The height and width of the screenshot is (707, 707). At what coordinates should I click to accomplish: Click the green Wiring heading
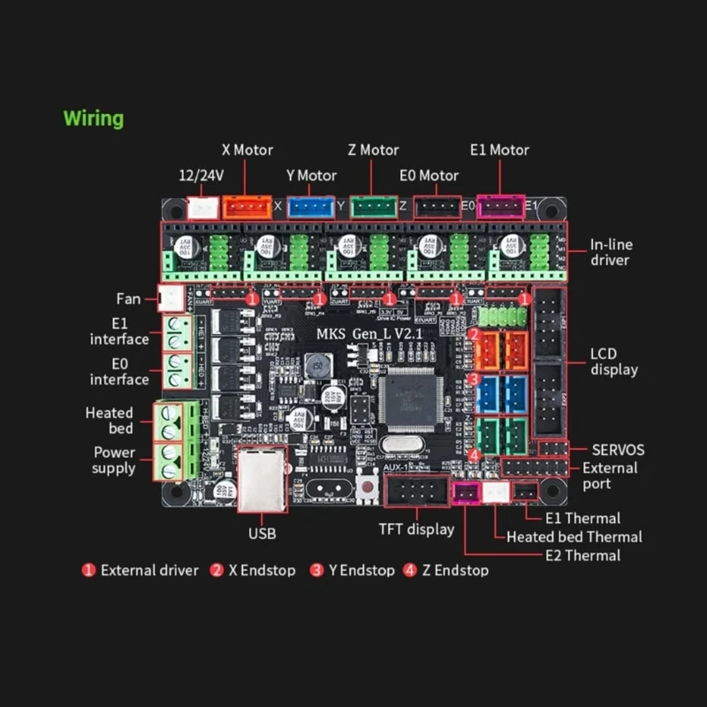pyautogui.click(x=94, y=118)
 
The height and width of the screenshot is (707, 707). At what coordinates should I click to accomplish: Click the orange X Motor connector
pyautogui.click(x=247, y=207)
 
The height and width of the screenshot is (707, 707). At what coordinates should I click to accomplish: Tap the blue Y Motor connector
pyautogui.click(x=310, y=207)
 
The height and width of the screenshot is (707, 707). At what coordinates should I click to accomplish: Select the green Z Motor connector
pyautogui.click(x=374, y=207)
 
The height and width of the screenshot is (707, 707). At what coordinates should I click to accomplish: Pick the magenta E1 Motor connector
pyautogui.click(x=501, y=207)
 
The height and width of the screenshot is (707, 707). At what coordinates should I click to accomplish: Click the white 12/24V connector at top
pyautogui.click(x=202, y=208)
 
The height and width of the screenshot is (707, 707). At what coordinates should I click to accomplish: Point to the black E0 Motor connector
pyautogui.click(x=437, y=207)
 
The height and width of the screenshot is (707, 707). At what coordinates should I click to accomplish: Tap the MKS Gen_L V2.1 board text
pyautogui.click(x=369, y=333)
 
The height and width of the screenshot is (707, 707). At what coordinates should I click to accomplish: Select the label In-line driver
pyautogui.click(x=612, y=252)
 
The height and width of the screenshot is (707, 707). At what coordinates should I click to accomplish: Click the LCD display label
pyautogui.click(x=614, y=361)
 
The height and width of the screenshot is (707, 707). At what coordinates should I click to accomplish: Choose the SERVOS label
pyautogui.click(x=618, y=450)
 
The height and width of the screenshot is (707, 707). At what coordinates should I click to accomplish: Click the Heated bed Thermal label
pyautogui.click(x=574, y=536)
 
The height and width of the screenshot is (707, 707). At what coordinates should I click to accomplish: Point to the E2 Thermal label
pyautogui.click(x=583, y=555)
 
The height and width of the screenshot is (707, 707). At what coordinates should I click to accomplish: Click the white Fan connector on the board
pyautogui.click(x=167, y=298)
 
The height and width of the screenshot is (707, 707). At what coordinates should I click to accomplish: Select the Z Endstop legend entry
pyautogui.click(x=453, y=570)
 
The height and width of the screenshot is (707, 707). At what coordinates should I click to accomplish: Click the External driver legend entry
pyautogui.click(x=148, y=570)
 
